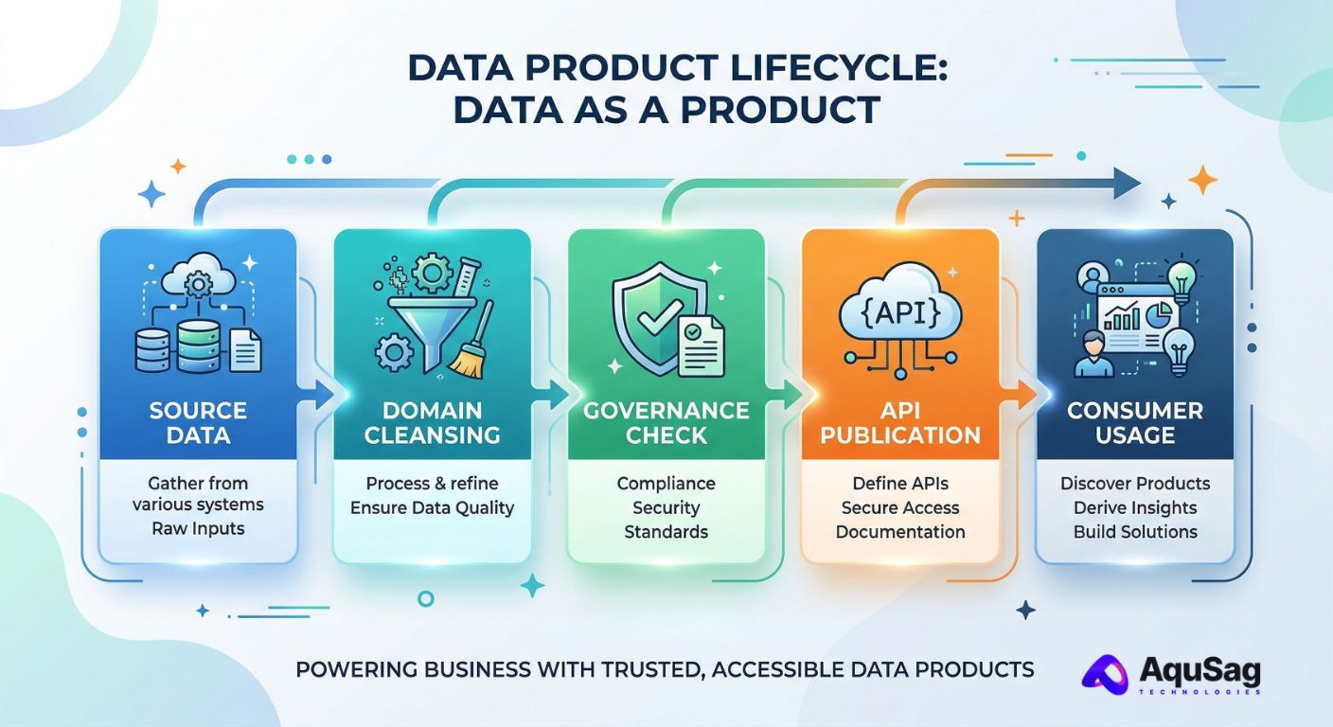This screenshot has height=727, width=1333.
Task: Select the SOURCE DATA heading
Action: [x=198, y=423]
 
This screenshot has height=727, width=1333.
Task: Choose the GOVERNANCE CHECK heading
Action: [x=666, y=423]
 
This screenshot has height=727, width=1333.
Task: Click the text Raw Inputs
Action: [x=198, y=528]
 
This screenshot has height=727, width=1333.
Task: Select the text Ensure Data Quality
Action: [x=432, y=508]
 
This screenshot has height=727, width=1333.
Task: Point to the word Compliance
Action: [x=666, y=484]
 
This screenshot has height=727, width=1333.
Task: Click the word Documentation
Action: [x=900, y=532]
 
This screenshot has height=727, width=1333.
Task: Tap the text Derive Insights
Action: [x=1135, y=508]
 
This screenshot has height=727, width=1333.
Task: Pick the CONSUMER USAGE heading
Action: [x=1135, y=423]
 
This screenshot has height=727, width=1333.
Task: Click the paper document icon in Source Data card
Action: [x=246, y=350]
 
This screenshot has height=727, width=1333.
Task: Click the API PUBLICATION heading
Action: [x=900, y=423]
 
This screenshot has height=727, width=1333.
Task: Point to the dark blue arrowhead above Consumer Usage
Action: [x=1127, y=183]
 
